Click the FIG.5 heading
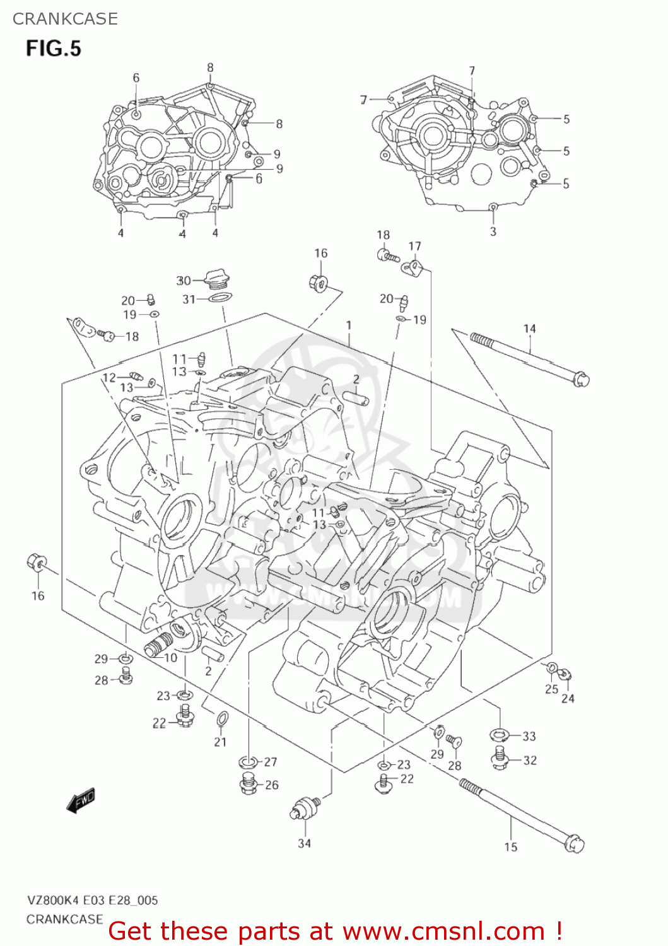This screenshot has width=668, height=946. click(54, 49)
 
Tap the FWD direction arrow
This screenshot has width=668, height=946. click(81, 800)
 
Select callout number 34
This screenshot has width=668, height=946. click(304, 843)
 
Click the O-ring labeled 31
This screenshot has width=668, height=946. click(218, 298)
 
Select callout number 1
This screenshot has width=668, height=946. click(349, 325)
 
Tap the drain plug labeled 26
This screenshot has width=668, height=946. click(248, 785)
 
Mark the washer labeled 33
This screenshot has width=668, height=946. click(501, 735)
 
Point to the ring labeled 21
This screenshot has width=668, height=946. click(223, 718)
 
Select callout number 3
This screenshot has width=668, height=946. click(493, 231)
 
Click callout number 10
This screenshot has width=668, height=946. click(170, 658)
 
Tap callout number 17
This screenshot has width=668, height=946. click(414, 246)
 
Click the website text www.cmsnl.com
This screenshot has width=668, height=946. click(444, 931)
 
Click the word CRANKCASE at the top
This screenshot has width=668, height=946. click(65, 19)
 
